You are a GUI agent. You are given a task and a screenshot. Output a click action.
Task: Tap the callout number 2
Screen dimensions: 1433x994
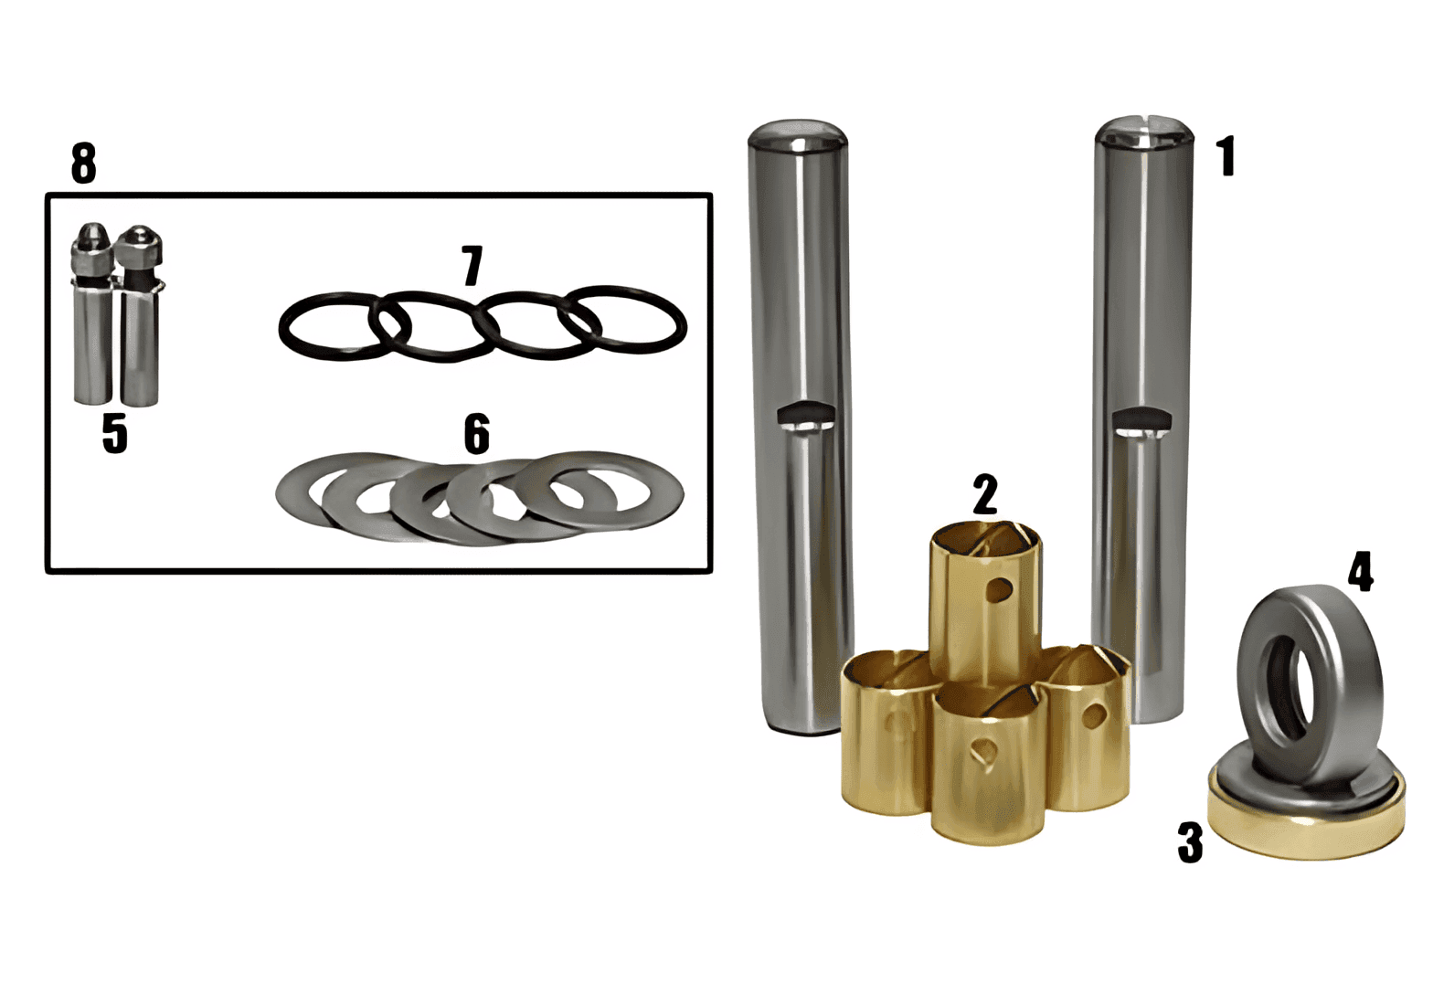[x=984, y=493]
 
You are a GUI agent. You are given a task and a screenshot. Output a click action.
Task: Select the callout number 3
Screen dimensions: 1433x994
[x=1190, y=842]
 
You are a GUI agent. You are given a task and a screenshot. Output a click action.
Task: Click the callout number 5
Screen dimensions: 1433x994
[x=115, y=434]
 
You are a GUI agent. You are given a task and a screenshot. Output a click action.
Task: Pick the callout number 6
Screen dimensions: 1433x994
[x=477, y=434]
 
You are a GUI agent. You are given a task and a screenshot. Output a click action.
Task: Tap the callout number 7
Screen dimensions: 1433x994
[x=472, y=265]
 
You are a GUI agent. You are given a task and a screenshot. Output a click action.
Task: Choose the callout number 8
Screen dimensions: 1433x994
[x=84, y=163]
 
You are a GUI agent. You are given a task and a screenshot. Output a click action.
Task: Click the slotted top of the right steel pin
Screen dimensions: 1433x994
[x=1144, y=132]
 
